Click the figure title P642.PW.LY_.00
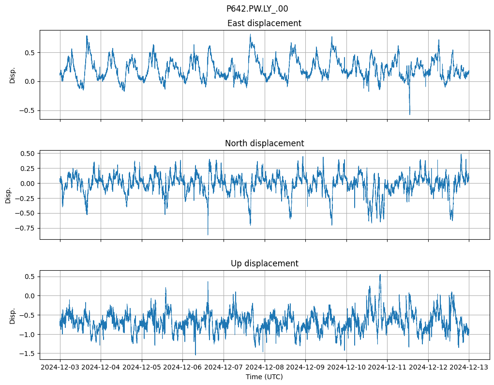[x=257, y=9]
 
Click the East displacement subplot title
[x=264, y=23]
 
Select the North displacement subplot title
[x=264, y=143]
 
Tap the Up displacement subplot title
[x=264, y=263]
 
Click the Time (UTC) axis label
[x=264, y=377]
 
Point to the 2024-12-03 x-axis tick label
[x=60, y=368]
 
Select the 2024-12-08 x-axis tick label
[x=264, y=368]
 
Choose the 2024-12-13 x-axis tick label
[x=468, y=368]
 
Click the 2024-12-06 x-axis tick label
[x=182, y=368]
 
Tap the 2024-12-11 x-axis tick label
[x=387, y=368]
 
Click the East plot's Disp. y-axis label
[x=13, y=75]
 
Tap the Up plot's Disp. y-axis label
[x=13, y=315]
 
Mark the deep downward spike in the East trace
[x=410, y=114]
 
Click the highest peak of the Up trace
[x=380, y=275]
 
